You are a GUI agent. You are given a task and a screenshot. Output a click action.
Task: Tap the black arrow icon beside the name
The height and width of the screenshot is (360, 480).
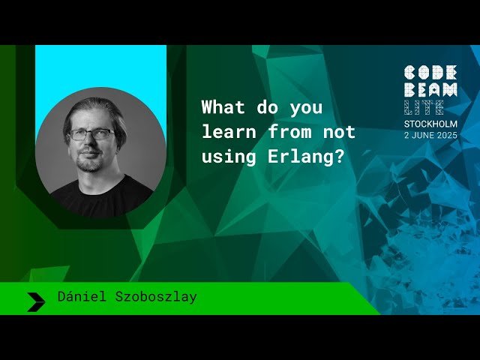pos(36,301)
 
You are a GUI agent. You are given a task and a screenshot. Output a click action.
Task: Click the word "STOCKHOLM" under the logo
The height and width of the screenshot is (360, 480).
pos(430,124)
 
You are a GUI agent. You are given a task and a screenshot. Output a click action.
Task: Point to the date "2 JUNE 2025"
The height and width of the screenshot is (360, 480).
pos(430,135)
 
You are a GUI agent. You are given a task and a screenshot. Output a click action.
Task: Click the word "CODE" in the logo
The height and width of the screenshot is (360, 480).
pos(430,73)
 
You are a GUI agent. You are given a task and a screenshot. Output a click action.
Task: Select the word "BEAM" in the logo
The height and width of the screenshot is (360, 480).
pos(430,91)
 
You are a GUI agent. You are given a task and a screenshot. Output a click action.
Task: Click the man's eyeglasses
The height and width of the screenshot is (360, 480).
pos(91,134)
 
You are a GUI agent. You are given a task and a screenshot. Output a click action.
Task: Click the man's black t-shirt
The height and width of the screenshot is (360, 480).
pos(101,196)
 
